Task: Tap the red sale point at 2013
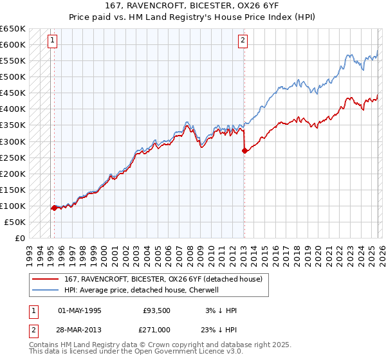coord(244,151)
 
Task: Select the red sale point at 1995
coord(54,208)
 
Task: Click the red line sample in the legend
coord(46,280)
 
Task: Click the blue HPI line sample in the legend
coord(46,290)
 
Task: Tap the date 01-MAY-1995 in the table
coord(80,310)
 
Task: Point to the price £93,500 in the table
coord(157,310)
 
